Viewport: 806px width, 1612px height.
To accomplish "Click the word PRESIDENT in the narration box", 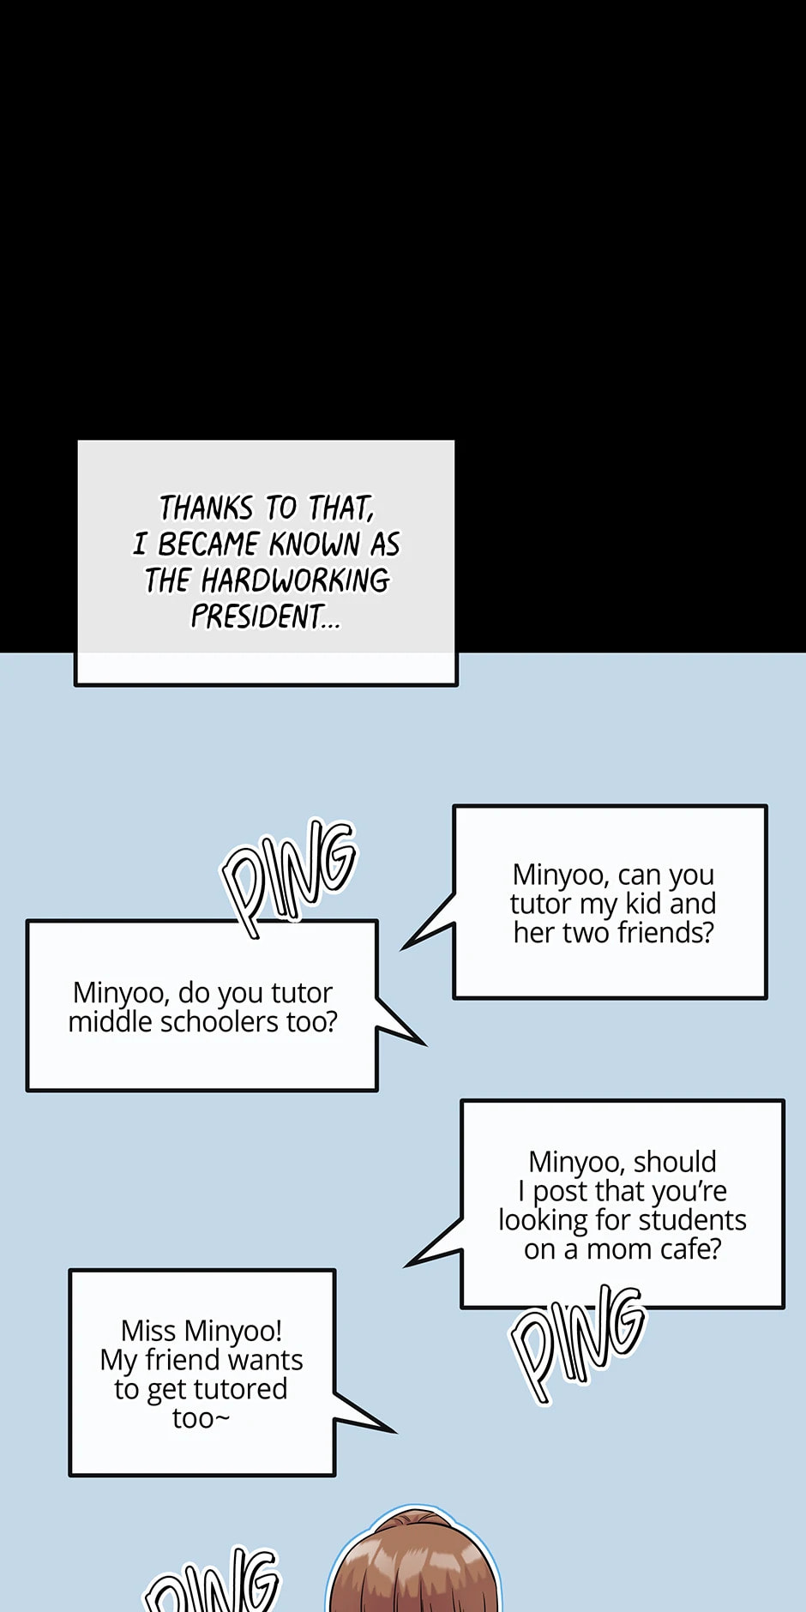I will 257,616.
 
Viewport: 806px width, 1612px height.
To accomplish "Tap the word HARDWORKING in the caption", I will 295,580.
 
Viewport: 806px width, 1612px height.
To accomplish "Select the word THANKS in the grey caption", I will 206,508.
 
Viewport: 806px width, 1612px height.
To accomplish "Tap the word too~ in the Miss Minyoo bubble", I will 201,1418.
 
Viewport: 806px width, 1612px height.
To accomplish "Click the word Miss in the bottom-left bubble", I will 147,1331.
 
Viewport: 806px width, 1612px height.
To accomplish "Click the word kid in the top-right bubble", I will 643,904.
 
